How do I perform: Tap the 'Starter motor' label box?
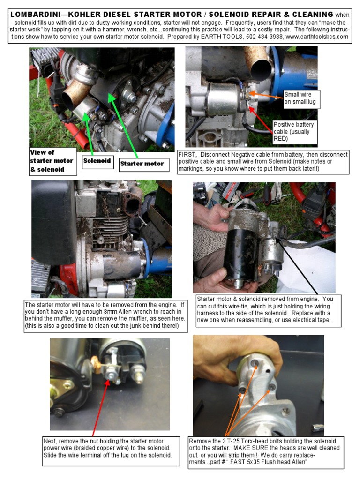[144, 165]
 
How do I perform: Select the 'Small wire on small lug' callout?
[301, 98]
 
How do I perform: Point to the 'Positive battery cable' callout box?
[295, 132]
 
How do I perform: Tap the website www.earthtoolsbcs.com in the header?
[317, 37]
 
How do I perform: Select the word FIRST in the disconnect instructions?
[187, 155]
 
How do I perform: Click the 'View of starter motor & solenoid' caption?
[52, 161]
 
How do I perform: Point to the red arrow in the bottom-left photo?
[100, 408]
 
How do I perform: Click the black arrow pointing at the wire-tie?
[296, 266]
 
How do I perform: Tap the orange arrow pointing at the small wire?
[266, 95]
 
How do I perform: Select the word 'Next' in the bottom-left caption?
[50, 441]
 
